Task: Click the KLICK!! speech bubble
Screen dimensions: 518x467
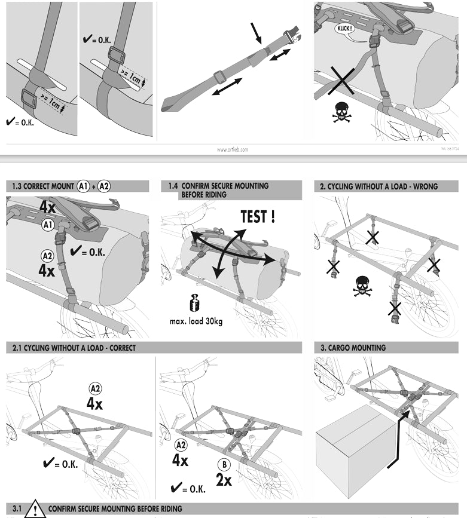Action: (x=345, y=27)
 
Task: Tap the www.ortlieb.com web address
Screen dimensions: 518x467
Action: (x=232, y=149)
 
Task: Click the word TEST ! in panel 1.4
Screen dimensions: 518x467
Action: (x=258, y=217)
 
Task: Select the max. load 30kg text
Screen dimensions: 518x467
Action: (x=196, y=321)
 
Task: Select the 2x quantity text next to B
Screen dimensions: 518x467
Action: (x=224, y=479)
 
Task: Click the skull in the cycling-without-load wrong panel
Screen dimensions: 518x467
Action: (x=362, y=286)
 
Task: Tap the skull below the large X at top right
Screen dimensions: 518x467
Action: (x=342, y=112)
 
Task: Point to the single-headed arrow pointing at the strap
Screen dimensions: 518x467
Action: (x=257, y=32)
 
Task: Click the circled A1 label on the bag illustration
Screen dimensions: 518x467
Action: (x=47, y=225)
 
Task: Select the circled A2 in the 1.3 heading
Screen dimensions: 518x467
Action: (x=104, y=186)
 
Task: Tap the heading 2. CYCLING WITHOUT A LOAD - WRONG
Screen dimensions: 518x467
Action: (x=379, y=186)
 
